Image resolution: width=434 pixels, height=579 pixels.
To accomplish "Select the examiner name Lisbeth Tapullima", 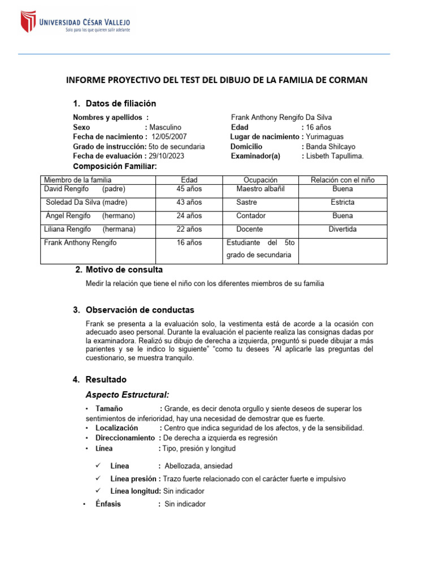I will tap(335, 155).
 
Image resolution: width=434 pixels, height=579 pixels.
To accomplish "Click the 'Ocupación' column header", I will tap(261, 180).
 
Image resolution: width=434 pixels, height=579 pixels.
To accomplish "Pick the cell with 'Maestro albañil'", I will tap(261, 189).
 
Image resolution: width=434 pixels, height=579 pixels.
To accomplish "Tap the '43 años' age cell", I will tap(189, 202).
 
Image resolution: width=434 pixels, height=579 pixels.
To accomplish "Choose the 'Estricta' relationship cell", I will tap(342, 202).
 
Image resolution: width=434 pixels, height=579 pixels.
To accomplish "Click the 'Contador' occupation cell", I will tap(251, 216).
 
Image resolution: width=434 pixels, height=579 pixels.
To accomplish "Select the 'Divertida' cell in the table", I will tap(342, 230).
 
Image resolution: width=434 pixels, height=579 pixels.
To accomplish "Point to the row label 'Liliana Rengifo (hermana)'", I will tap(90, 230).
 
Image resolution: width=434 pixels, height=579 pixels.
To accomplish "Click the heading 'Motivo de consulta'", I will tap(124, 270).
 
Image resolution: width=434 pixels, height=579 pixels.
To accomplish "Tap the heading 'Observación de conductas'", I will tap(140, 310).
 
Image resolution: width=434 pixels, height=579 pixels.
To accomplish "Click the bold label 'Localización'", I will tap(116, 428).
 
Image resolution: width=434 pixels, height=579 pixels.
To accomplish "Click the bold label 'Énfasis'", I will tap(108, 504).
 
